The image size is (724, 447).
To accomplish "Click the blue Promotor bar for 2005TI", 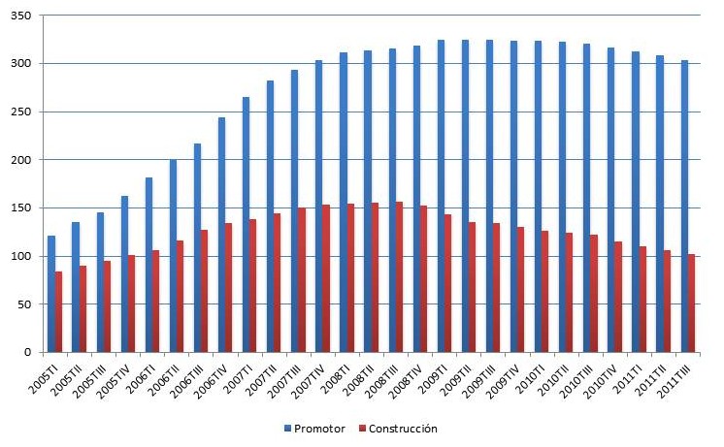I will point(51,293).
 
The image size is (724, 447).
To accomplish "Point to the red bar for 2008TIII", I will point(399,276).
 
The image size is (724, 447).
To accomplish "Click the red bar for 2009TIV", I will point(521,289).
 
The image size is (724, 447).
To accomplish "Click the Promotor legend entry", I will point(311,428).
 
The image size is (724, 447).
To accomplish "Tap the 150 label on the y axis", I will point(21,208).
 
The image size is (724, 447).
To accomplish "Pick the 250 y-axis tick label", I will point(21,112).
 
